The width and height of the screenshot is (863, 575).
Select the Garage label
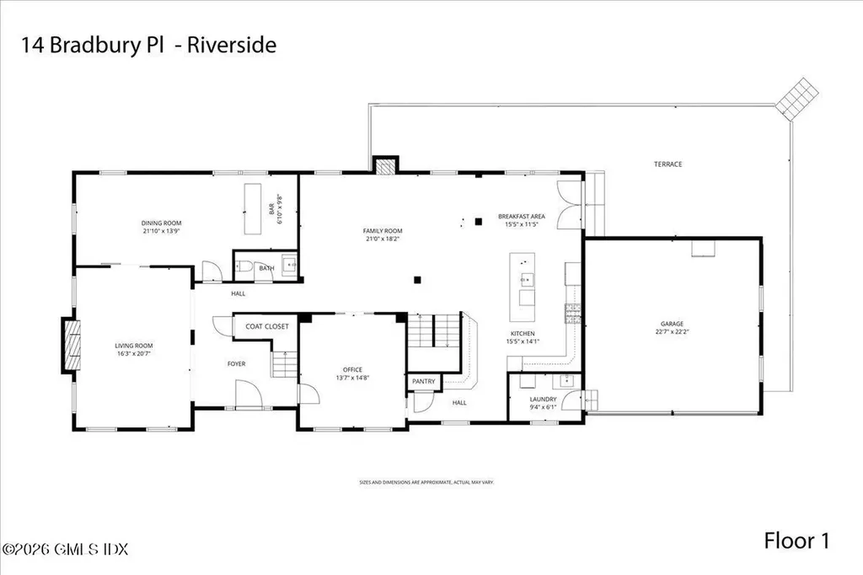672,323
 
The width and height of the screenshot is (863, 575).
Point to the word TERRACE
668,164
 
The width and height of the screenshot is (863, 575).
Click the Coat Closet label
266,326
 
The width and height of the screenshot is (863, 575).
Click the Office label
351,369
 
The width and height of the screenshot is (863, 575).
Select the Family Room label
383,230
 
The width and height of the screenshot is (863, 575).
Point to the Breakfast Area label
521,217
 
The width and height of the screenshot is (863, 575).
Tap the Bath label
267,268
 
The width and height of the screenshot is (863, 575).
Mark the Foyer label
236,363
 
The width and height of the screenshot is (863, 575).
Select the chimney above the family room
384,166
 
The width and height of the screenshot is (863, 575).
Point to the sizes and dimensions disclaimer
426,482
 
